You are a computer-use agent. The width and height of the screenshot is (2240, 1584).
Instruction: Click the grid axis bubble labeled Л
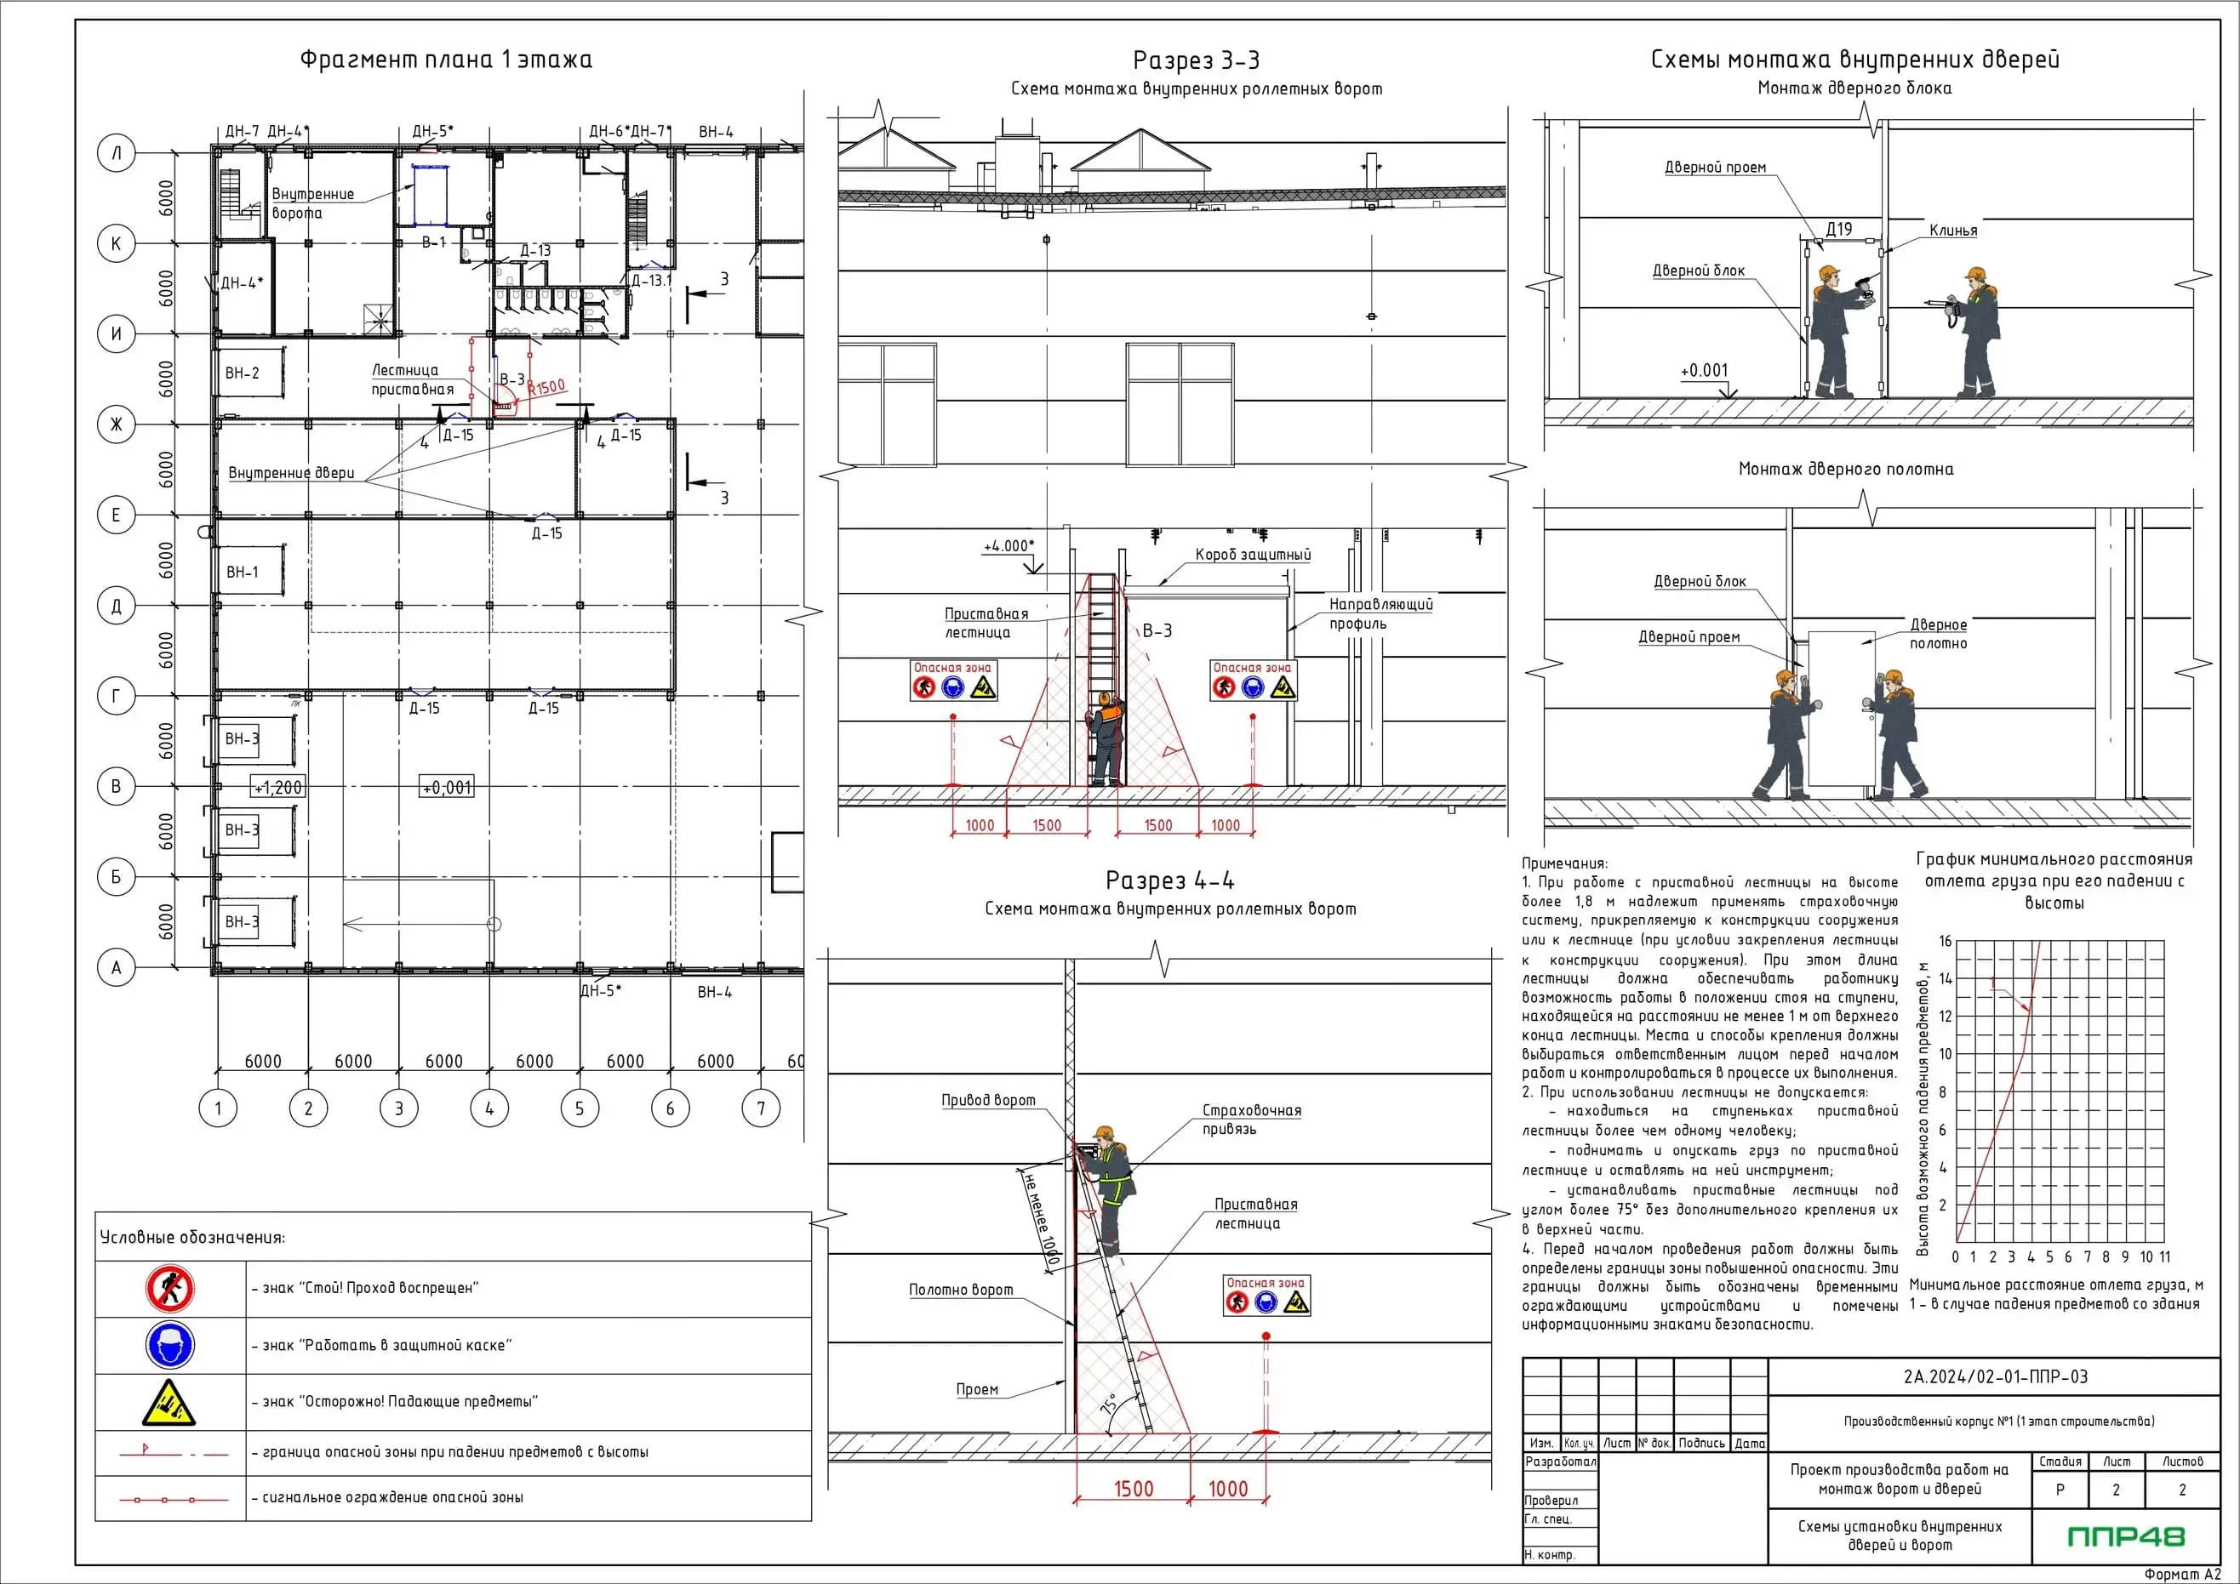pyautogui.click(x=116, y=153)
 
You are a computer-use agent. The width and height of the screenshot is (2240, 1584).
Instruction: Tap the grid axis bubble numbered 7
pyautogui.click(x=761, y=1108)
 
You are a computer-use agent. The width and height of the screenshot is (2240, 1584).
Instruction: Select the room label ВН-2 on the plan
pyautogui.click(x=242, y=373)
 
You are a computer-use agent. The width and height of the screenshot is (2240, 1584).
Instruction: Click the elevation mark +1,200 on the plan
pyautogui.click(x=279, y=787)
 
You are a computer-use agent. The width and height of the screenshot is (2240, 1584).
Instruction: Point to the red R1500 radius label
pyautogui.click(x=547, y=387)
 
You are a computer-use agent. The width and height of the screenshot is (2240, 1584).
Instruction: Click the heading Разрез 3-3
pyautogui.click(x=1195, y=60)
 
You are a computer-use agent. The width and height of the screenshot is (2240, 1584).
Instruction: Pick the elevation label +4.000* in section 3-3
pyautogui.click(x=1009, y=546)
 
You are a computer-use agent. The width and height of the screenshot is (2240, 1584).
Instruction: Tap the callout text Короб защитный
pyautogui.click(x=1253, y=554)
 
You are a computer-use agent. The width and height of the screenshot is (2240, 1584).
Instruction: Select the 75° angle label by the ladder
pyautogui.click(x=1109, y=1405)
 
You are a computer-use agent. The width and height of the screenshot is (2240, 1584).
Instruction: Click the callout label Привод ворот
pyautogui.click(x=987, y=1100)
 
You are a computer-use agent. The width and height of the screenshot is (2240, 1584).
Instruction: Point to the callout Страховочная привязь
pyautogui.click(x=1251, y=1120)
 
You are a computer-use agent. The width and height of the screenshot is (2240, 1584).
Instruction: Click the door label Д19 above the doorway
pyautogui.click(x=1838, y=229)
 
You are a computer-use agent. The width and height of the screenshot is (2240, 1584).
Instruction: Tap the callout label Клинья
pyautogui.click(x=1952, y=231)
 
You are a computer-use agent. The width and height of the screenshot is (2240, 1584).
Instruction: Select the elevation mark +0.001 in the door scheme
pyautogui.click(x=1704, y=371)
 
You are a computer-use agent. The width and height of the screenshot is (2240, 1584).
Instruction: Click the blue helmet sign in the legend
pyautogui.click(x=169, y=1346)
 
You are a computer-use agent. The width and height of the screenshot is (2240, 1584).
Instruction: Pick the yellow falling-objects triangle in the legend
pyautogui.click(x=169, y=1403)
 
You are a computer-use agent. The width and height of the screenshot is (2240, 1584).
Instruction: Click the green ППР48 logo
pyautogui.click(x=2126, y=1536)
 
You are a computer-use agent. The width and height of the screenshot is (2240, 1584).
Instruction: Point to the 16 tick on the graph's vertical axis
pyautogui.click(x=1945, y=941)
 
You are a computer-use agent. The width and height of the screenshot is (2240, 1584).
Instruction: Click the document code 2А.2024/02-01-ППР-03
pyautogui.click(x=1995, y=1376)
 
